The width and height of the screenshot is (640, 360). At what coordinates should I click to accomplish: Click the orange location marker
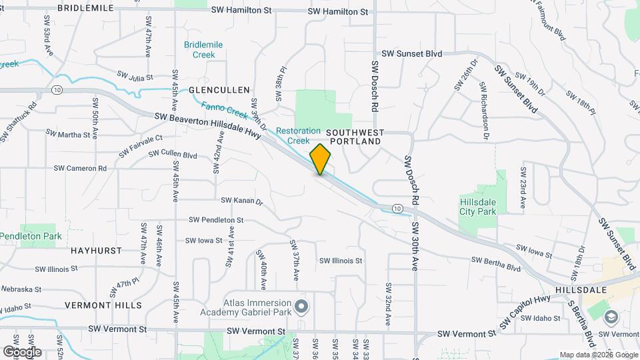[321, 159]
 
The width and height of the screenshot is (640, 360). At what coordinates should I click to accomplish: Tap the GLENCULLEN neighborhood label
[219, 89]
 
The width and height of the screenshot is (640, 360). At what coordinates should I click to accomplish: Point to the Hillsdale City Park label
[479, 207]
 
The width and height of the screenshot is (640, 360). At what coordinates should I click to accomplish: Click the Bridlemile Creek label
[203, 49]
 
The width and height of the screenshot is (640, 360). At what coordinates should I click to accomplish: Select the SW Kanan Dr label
[243, 201]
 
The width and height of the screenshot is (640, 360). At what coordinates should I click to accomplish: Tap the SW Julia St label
[135, 76]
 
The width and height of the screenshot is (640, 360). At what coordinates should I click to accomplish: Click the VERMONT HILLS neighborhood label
[103, 305]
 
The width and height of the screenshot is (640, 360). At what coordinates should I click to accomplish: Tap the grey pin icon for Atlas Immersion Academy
[301, 307]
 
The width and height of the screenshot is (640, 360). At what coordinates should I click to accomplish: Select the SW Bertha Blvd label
[495, 264]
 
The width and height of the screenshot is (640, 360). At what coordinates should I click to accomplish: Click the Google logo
[22, 351]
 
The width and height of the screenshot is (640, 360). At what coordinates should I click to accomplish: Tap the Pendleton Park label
[31, 236]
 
